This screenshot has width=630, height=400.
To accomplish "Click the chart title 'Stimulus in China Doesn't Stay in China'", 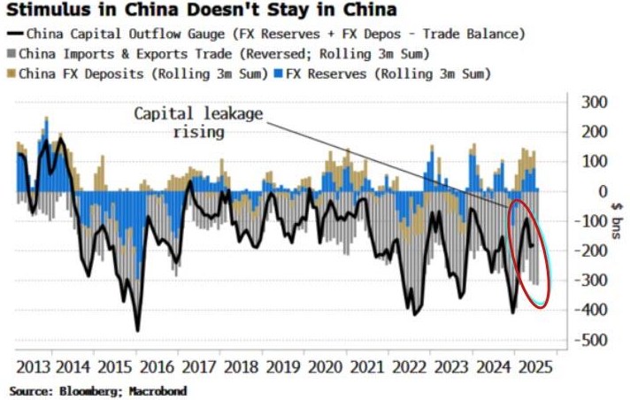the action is [x=202, y=10].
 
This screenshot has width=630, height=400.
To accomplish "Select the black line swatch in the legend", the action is [x=16, y=34].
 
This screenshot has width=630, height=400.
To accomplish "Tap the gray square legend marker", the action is [x=12, y=54].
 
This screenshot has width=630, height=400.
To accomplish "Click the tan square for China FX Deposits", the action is [x=12, y=73].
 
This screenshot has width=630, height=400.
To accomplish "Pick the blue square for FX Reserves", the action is [x=279, y=73].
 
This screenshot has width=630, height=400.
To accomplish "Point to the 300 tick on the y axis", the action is [x=595, y=102].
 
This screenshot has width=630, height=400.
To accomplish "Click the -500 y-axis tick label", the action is [x=591, y=340].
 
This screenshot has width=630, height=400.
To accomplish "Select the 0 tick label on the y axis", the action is [x=603, y=191].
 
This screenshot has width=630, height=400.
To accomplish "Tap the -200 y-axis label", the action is [x=591, y=250].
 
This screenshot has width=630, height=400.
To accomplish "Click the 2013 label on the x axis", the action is [x=35, y=367].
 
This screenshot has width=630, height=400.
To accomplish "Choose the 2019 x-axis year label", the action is [x=284, y=367].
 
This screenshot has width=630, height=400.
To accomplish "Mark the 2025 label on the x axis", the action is [x=535, y=367].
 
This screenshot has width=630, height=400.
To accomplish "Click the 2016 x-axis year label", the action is [x=157, y=367].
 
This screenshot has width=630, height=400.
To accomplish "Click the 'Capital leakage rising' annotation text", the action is [x=198, y=123].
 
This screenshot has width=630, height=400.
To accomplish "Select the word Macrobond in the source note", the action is [x=157, y=391].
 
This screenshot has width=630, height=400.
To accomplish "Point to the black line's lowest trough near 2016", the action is [x=137, y=331].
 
